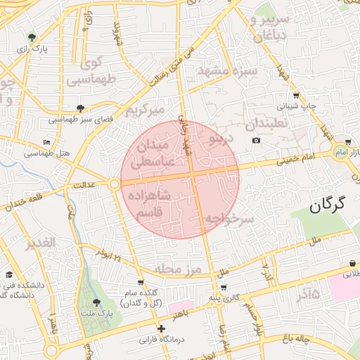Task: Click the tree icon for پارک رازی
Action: [x=32, y=37]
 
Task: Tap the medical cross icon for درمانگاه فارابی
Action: [x=161, y=328]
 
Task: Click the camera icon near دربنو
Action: [x=256, y=141]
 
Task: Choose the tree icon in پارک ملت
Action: [x=96, y=302]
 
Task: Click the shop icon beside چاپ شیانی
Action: [x=296, y=96]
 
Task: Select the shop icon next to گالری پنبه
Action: [x=223, y=288]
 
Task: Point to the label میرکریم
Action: [x=144, y=111]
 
